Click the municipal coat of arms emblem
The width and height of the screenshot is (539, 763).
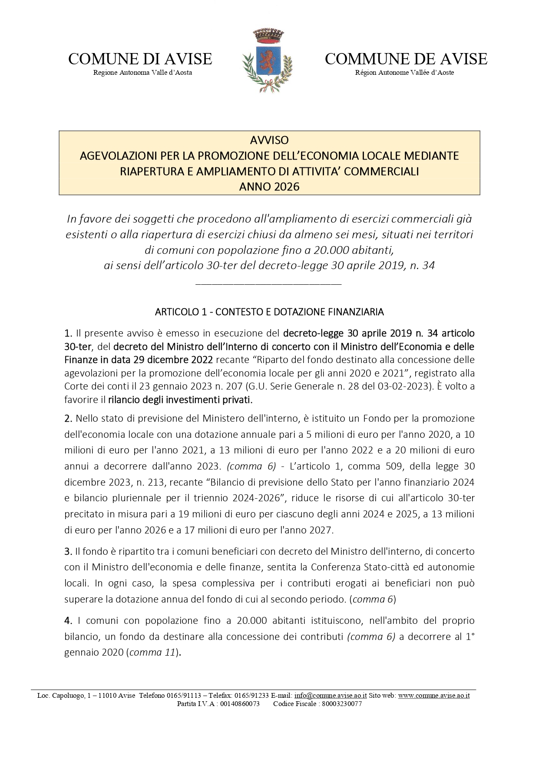pos(267,60)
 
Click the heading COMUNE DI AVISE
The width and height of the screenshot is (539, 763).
pos(140,59)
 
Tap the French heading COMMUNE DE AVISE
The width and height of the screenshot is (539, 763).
pos(406,59)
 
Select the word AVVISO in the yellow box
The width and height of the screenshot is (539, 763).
pos(269,140)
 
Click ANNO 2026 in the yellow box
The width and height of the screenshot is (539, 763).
pos(269,187)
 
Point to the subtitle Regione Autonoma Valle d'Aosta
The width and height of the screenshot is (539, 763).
pos(142,73)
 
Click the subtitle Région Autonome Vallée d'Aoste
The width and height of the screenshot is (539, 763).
pos(404,73)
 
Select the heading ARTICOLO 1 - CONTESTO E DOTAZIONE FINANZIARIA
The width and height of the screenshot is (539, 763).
pos(269,312)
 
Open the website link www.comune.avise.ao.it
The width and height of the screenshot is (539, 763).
pos(434,696)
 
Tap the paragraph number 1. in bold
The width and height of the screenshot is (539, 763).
pos(68,333)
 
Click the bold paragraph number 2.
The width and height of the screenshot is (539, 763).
pos(68,418)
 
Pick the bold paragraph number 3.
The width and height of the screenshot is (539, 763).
pos(68,551)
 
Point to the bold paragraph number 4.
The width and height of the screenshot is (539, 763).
pos(68,620)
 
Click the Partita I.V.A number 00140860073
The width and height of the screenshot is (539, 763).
pos(239,704)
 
